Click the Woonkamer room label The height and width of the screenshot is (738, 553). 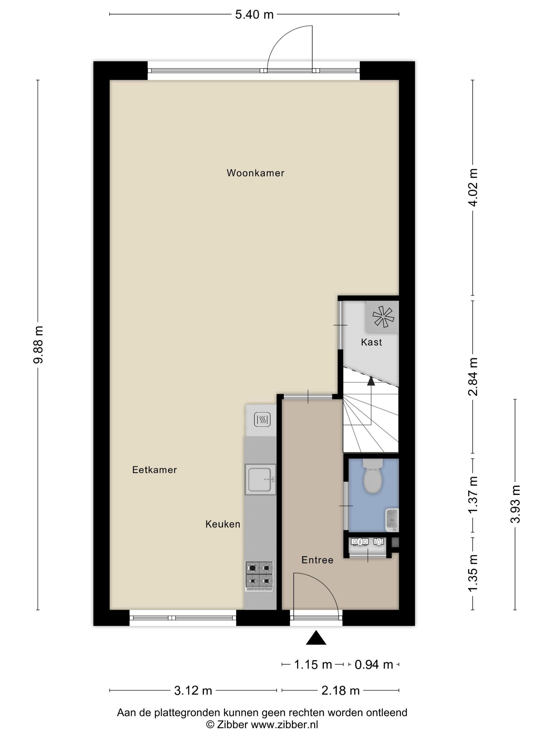[255, 173]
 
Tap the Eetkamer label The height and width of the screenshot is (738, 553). [154, 470]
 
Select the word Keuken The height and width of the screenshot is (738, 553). [223, 524]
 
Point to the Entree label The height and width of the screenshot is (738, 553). [317, 560]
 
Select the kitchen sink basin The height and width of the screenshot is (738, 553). [260, 480]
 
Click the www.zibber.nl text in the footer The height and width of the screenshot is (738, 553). [284, 724]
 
